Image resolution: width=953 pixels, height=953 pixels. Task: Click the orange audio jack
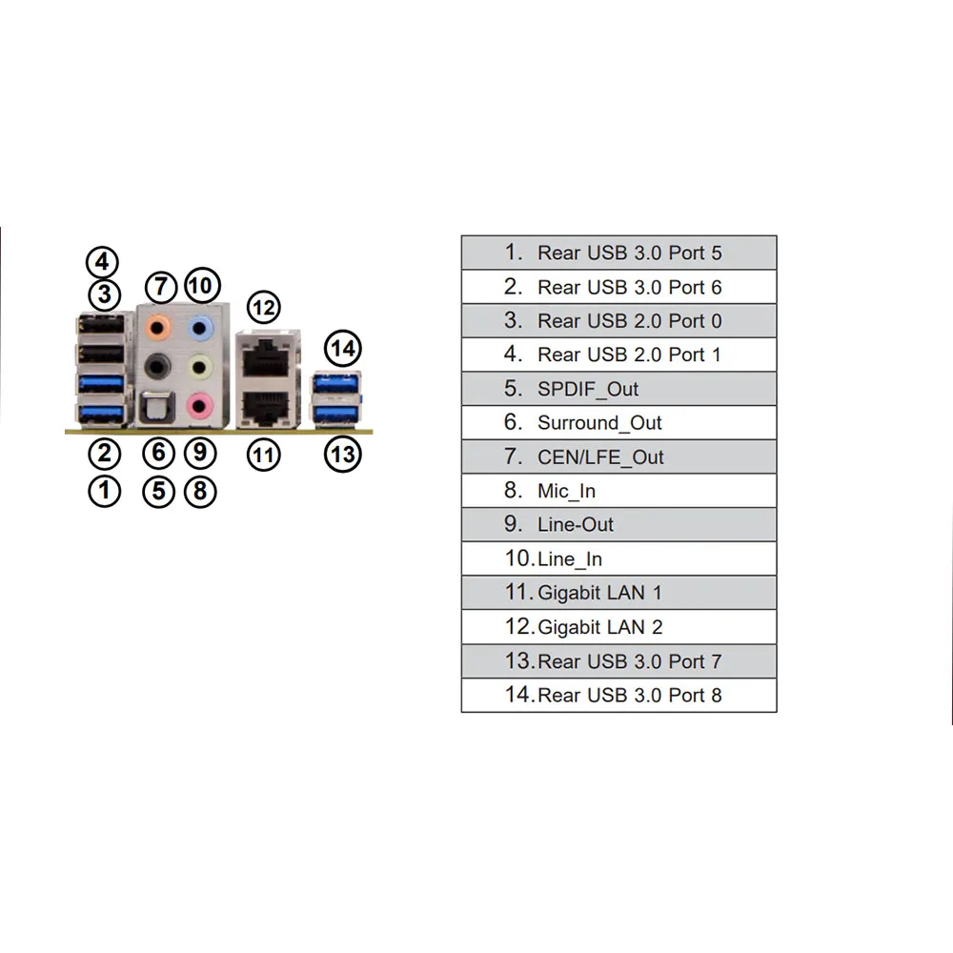pyautogui.click(x=157, y=328)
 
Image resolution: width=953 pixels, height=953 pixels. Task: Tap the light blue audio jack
pyautogui.click(x=200, y=329)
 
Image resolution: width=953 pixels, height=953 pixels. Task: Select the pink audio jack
pyautogui.click(x=199, y=405)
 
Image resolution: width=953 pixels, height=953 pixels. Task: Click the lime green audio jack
pyautogui.click(x=199, y=367)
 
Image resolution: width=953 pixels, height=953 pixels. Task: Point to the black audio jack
pyautogui.click(x=157, y=367)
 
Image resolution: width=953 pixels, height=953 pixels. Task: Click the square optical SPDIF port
pyautogui.click(x=157, y=405)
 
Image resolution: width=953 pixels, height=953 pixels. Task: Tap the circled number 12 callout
pyautogui.click(x=264, y=308)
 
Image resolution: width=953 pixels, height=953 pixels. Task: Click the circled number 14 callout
pyautogui.click(x=343, y=348)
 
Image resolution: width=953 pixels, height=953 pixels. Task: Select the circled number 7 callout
pyautogui.click(x=160, y=286)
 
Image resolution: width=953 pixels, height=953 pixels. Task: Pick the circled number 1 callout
pyautogui.click(x=104, y=491)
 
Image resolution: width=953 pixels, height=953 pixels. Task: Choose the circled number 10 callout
pyautogui.click(x=202, y=285)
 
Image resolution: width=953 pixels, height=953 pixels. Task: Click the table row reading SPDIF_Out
pyautogui.click(x=618, y=389)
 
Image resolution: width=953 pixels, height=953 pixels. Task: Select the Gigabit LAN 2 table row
pyautogui.click(x=618, y=627)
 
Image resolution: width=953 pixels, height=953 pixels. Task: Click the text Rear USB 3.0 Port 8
pyautogui.click(x=630, y=695)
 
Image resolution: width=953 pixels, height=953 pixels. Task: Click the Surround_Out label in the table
pyautogui.click(x=599, y=422)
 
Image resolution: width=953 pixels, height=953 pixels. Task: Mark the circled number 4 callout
pyautogui.click(x=102, y=262)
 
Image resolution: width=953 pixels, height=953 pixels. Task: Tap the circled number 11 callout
pyautogui.click(x=264, y=455)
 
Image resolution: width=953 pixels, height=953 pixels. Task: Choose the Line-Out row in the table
pyautogui.click(x=618, y=524)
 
